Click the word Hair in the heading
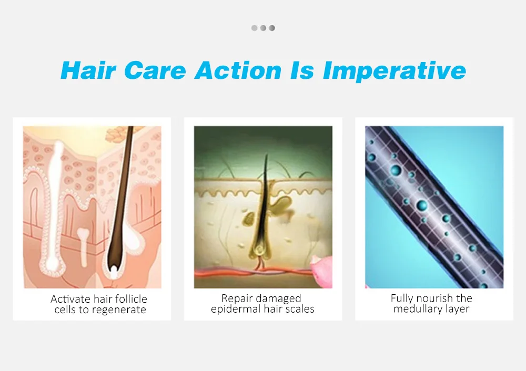pyautogui.click(x=88, y=70)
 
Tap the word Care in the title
pyautogui.click(x=155, y=70)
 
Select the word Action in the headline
pyautogui.click(x=238, y=70)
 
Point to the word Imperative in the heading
pyautogui.click(x=394, y=71)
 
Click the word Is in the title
pyautogui.click(x=302, y=70)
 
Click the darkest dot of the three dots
pyautogui.click(x=272, y=28)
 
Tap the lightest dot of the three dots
pyautogui.click(x=255, y=28)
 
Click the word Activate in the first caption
pyautogui.click(x=70, y=298)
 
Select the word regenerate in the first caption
pyautogui.click(x=119, y=310)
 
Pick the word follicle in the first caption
pyautogui.click(x=129, y=298)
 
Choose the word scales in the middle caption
pyautogui.click(x=299, y=309)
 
